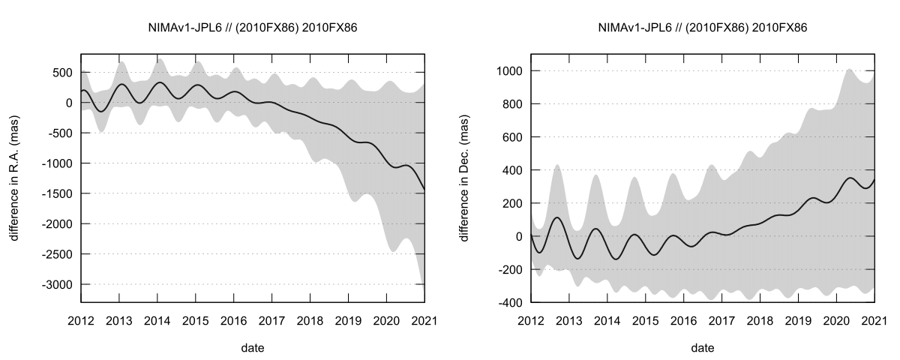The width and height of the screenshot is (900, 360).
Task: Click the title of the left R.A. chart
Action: click(x=252, y=28)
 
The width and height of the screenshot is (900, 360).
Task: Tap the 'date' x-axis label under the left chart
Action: click(x=252, y=348)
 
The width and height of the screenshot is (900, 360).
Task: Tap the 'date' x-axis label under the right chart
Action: click(x=702, y=348)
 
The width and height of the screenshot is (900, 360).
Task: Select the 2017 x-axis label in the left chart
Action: click(x=271, y=320)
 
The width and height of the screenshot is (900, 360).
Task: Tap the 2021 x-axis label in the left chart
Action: click(x=424, y=320)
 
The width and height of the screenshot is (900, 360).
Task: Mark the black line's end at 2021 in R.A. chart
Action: click(x=424, y=189)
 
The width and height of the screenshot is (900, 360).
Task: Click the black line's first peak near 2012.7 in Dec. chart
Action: click(x=556, y=217)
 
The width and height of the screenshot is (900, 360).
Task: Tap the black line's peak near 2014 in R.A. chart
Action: click(x=158, y=82)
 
